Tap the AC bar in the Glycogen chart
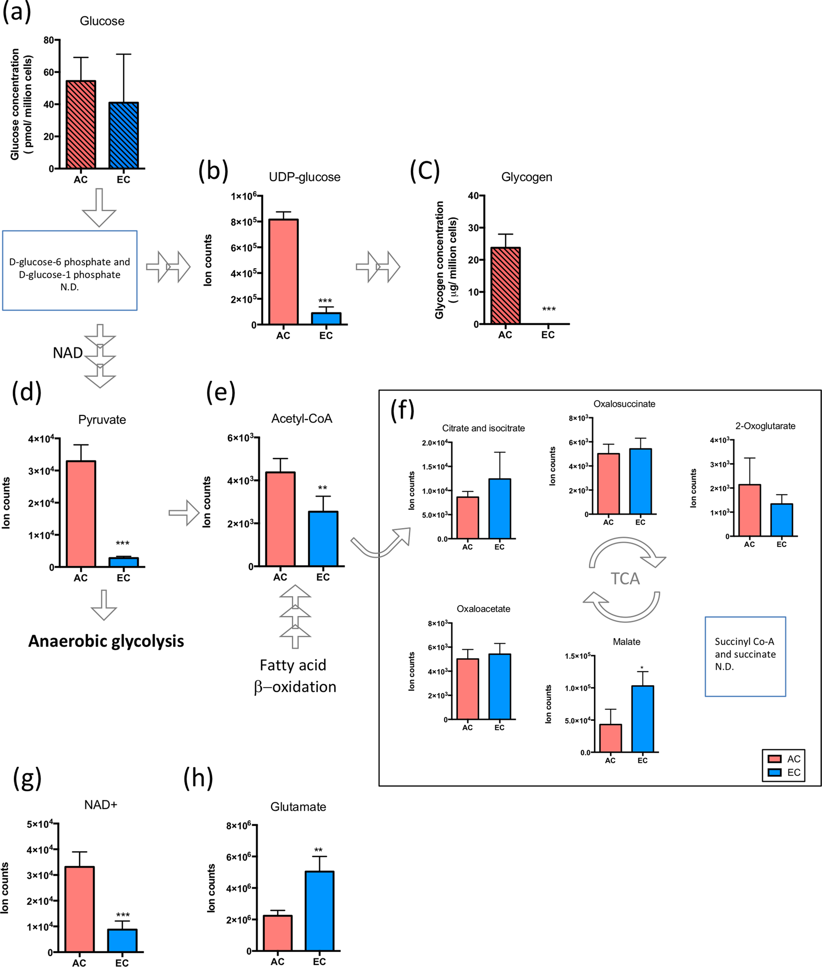pyautogui.click(x=505, y=286)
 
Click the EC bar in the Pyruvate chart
pyautogui.click(x=124, y=562)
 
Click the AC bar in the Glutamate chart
pyautogui.click(x=278, y=933)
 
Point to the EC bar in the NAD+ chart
pyautogui.click(x=122, y=940)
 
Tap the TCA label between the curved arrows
pyautogui.click(x=625, y=579)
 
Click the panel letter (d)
pyautogui.click(x=26, y=392)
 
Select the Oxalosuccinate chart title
pyautogui.click(x=624, y=404)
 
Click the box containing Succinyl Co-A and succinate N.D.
pyautogui.click(x=745, y=656)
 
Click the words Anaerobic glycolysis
pyautogui.click(x=106, y=641)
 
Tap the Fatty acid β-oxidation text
pyautogui.click(x=295, y=676)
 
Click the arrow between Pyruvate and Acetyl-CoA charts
pyautogui.click(x=184, y=513)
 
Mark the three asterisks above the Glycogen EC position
pyautogui.click(x=549, y=309)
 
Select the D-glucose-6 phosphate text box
pyautogui.click(x=70, y=271)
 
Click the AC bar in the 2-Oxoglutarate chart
pyautogui.click(x=749, y=510)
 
